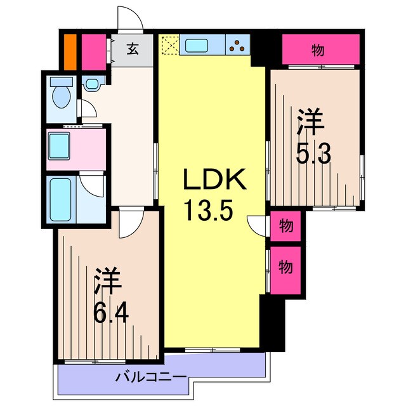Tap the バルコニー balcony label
click(150, 377)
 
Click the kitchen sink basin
click(195, 45)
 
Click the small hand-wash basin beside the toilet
click(93, 83)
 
